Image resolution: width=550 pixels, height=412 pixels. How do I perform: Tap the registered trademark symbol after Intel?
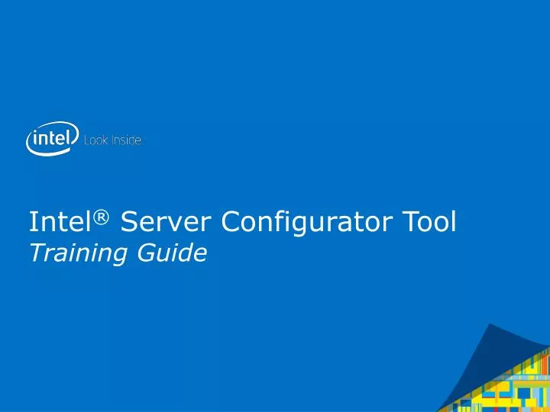(104, 217)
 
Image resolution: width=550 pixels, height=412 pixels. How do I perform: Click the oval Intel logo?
(52, 140)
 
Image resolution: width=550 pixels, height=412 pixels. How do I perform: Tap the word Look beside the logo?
(95, 141)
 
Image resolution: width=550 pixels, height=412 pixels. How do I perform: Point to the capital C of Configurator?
(232, 222)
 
